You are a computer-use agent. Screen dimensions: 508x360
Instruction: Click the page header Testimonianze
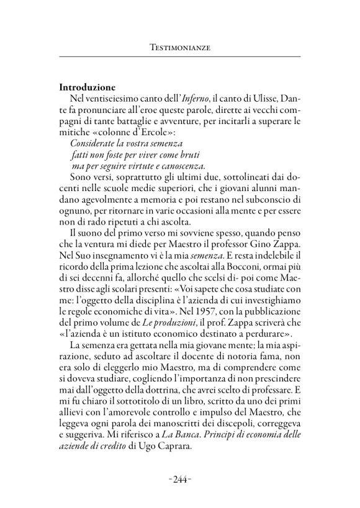180,47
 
